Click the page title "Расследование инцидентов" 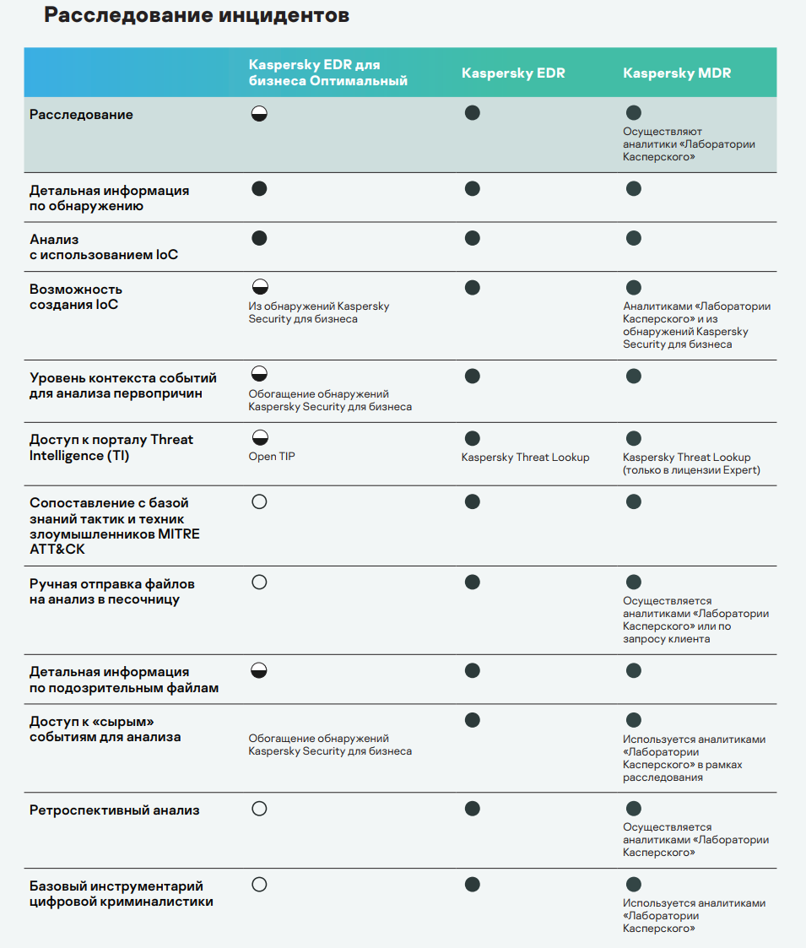coord(197,16)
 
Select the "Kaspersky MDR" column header coord(677,73)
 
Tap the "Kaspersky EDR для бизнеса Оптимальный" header coord(327,73)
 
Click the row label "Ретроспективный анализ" coord(115,810)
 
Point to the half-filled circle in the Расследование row coord(259,114)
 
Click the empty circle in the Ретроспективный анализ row coord(259,809)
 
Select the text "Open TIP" coord(272,457)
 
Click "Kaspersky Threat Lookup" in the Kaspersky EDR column coord(525,458)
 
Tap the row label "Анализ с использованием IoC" coord(104,247)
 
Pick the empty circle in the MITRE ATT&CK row coord(259,501)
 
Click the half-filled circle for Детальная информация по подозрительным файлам coord(259,671)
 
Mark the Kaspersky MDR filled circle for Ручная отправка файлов coord(634,582)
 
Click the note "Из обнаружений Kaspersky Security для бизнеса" coord(318,312)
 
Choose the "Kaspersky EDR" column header coord(513,73)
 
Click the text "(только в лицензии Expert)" coord(691,470)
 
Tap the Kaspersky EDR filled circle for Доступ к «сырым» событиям coord(473,720)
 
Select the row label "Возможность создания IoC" coord(76,297)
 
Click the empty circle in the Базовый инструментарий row coord(259,885)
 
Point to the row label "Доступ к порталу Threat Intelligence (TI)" coord(111,447)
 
